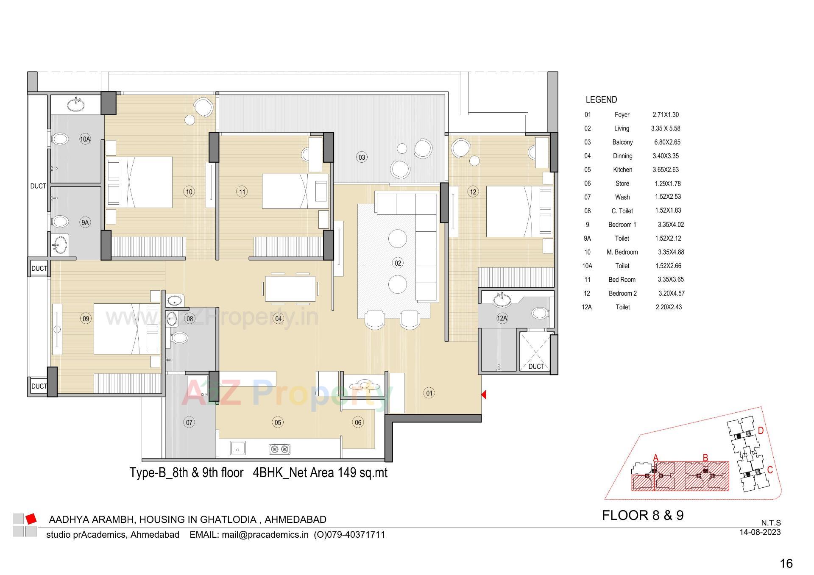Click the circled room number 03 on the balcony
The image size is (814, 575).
coord(361,157)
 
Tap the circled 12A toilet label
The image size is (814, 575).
coord(502,318)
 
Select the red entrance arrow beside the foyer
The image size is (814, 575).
coord(484,394)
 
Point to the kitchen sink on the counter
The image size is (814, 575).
coord(237,447)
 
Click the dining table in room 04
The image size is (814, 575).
coord(290,289)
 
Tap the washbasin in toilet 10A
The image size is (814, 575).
coord(76,104)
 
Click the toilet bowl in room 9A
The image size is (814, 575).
coord(60,222)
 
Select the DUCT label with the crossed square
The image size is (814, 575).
coord(536,366)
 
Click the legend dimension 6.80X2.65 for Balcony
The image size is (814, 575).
coord(667,142)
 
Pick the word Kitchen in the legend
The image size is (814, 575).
coord(622,169)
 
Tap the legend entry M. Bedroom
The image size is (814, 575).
coord(622,252)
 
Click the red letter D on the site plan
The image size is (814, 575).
coord(761,431)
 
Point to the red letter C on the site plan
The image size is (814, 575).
coord(770,470)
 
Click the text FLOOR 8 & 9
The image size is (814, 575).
coord(643,515)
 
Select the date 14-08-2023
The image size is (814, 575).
coord(760,532)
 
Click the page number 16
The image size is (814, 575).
coord(786,563)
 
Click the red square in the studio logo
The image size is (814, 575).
coord(31,518)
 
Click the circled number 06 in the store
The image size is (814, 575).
coord(358,422)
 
